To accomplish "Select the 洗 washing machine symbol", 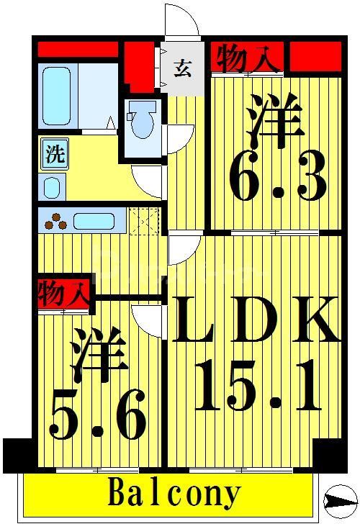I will [x=53, y=154].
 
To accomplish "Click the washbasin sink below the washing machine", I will [x=53, y=186].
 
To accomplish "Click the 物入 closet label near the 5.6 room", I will [x=63, y=294].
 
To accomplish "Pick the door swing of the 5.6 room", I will [x=148, y=321].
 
